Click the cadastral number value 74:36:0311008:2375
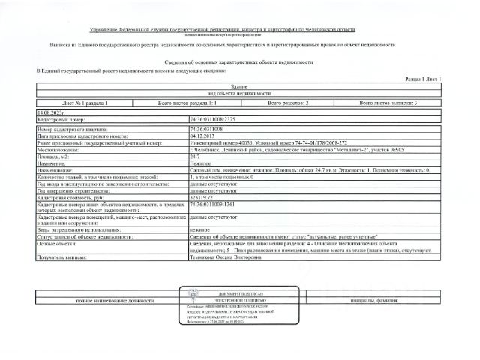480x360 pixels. coord(214,119)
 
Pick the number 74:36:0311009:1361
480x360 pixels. coord(214,204)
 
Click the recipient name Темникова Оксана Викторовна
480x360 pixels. coord(226,256)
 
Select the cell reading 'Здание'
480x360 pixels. coord(239,85)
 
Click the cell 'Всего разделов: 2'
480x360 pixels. coord(288,101)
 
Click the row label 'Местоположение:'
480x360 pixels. coord(58,150)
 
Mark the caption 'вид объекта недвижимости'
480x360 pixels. coord(239,93)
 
